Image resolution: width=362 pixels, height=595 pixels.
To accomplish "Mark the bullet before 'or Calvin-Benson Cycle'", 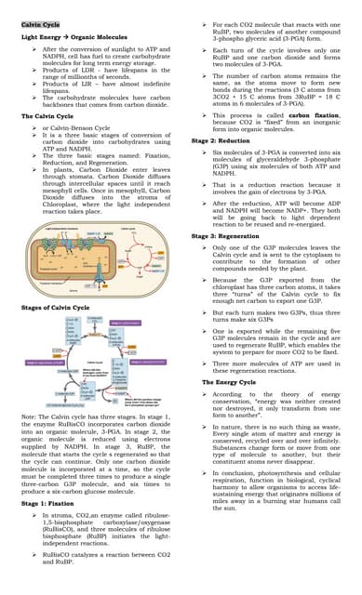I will pyautogui.click(x=35, y=126).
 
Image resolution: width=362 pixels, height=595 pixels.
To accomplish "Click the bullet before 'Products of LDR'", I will pyautogui.click(x=35, y=71).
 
